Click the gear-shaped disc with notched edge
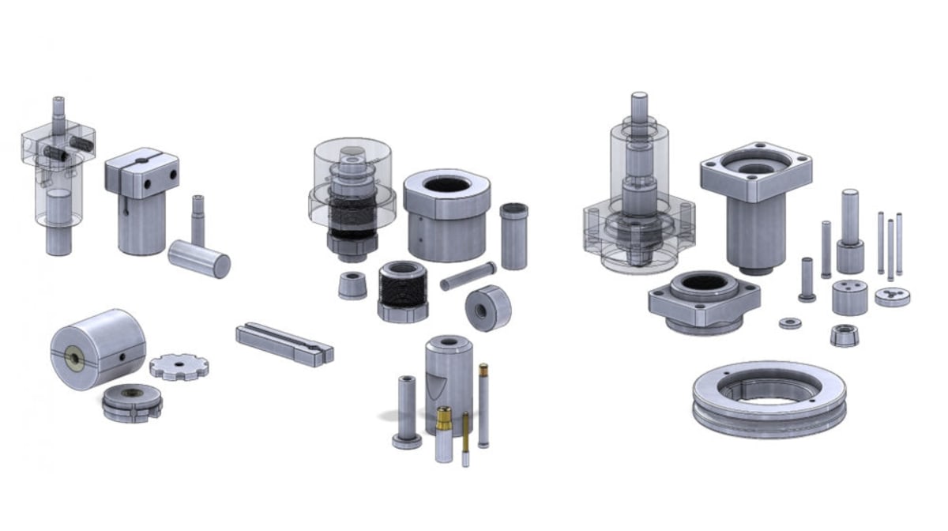coord(179,366)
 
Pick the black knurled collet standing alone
coord(403,290)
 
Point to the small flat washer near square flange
coord(789,323)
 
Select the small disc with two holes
coord(892,297)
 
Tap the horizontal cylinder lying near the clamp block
coord(199,259)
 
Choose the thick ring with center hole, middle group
coord(487,307)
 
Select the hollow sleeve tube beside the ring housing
coord(513,235)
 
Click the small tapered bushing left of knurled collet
coord(352,285)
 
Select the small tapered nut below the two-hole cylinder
coord(845,335)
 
